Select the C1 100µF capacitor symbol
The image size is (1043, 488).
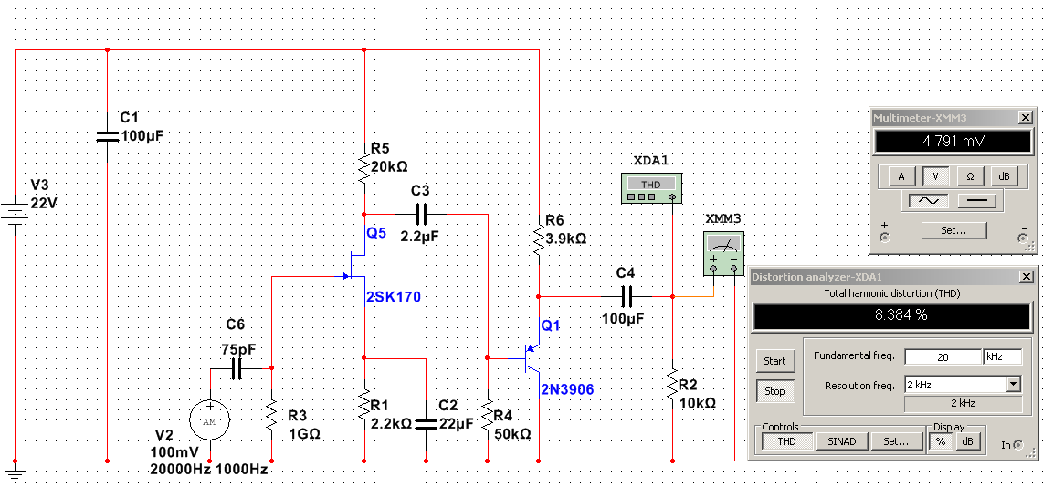(x=108, y=136)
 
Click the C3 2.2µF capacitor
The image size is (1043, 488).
(x=420, y=214)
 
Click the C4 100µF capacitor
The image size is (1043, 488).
(x=627, y=296)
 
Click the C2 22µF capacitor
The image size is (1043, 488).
(x=427, y=423)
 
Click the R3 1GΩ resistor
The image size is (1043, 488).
(x=272, y=416)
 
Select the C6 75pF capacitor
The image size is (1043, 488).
(x=236, y=369)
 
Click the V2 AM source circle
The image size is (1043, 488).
(x=210, y=420)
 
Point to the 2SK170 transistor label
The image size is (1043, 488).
(x=394, y=297)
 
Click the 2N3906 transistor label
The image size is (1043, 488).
(x=566, y=389)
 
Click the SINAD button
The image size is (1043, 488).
(x=841, y=441)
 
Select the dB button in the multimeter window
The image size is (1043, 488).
(x=1004, y=175)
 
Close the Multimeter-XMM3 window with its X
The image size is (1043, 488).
(x=1026, y=118)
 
